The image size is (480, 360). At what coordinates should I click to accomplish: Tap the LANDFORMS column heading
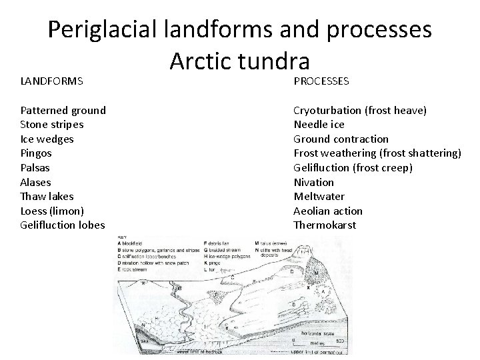(x=51, y=81)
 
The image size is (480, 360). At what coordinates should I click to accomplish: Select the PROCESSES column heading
(x=321, y=81)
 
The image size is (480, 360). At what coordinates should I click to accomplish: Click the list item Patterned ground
(x=63, y=110)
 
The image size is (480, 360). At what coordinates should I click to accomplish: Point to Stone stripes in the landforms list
(x=52, y=125)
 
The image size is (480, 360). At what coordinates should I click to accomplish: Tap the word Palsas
(x=35, y=167)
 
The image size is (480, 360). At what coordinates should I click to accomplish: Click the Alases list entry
(x=35, y=182)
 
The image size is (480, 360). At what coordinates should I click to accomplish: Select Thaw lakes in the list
(x=47, y=196)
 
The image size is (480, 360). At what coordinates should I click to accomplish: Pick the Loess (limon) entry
(x=52, y=211)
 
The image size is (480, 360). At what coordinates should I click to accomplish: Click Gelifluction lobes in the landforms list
(x=63, y=225)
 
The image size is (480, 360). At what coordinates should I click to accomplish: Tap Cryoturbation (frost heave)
(x=361, y=110)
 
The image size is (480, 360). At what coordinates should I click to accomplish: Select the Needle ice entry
(x=319, y=125)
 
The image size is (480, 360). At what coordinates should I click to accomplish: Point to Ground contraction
(x=341, y=139)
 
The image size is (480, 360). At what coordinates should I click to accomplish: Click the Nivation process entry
(x=314, y=182)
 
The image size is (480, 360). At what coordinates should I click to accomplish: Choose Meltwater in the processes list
(x=319, y=196)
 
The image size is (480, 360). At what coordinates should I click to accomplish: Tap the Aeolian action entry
(x=328, y=211)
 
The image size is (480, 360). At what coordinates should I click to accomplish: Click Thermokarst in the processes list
(x=325, y=225)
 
